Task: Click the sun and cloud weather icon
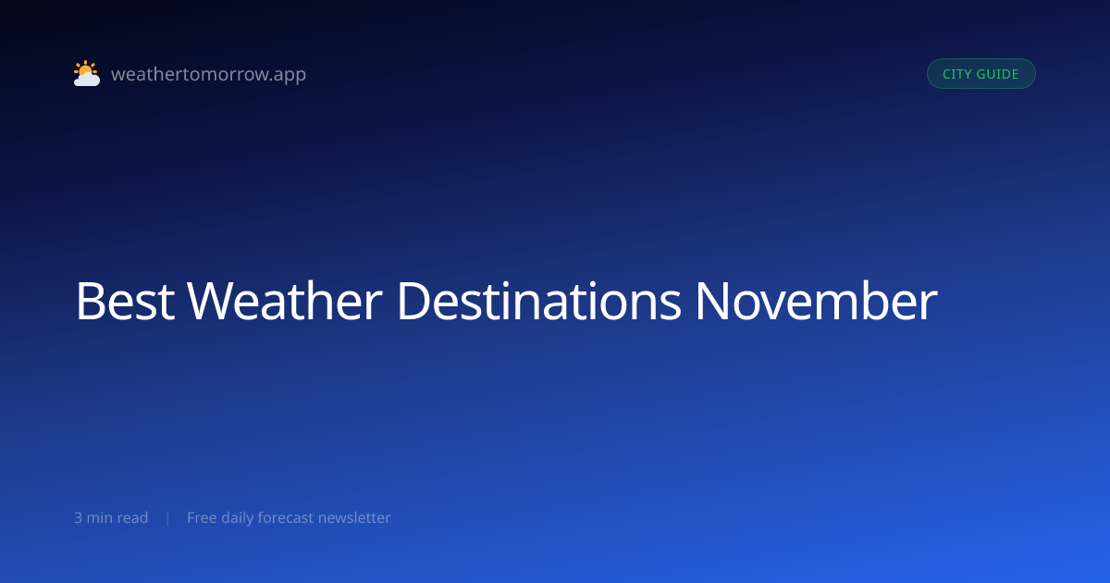[87, 73]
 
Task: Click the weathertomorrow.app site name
[209, 74]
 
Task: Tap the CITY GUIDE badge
[981, 74]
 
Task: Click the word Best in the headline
[125, 302]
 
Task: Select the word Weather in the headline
[285, 302]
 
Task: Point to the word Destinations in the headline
[539, 302]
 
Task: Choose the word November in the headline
[817, 302]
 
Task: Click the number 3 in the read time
[79, 518]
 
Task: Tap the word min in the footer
[99, 518]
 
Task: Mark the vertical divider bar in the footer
[168, 518]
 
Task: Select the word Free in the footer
[202, 518]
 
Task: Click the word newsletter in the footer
[354, 518]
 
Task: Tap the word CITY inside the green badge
[956, 74]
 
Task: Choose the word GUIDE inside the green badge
[997, 74]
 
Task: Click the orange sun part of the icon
[86, 68]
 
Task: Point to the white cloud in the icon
[87, 80]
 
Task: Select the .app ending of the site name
[288, 75]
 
